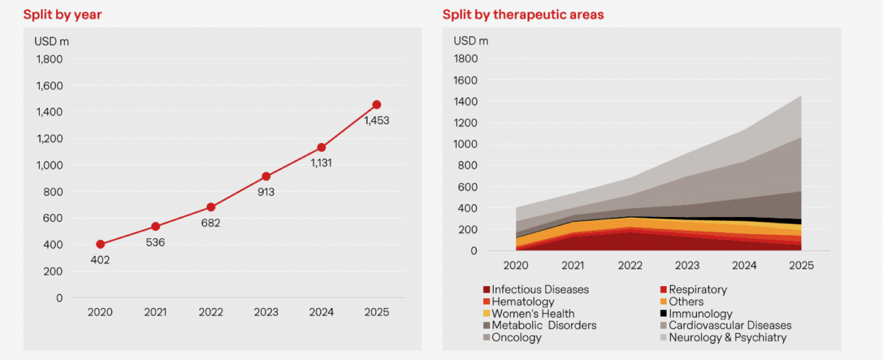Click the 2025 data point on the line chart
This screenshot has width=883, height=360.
(x=376, y=105)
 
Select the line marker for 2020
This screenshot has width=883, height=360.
(x=100, y=244)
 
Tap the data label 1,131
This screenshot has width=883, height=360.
(x=321, y=163)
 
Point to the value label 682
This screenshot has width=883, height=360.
(x=210, y=223)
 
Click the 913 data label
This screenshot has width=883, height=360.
(x=266, y=192)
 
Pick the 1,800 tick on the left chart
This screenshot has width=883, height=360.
(x=50, y=59)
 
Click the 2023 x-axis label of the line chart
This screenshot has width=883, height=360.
(x=266, y=312)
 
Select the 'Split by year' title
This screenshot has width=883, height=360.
(x=62, y=15)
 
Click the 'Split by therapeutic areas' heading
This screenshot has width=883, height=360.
(x=523, y=15)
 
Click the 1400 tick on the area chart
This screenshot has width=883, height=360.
(x=466, y=102)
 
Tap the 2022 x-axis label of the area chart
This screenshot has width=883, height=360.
(x=630, y=266)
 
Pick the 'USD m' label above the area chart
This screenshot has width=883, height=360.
(x=471, y=41)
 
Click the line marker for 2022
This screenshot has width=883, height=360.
(x=211, y=207)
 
